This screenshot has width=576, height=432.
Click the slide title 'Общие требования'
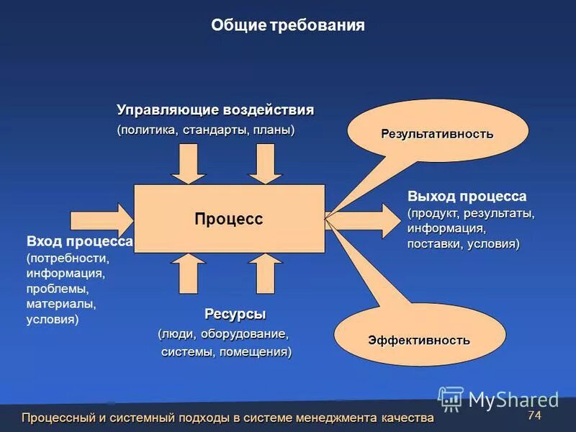(x=288, y=25)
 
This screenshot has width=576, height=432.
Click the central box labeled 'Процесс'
(x=229, y=219)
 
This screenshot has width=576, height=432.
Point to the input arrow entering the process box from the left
(x=102, y=217)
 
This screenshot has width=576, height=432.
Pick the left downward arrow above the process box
(x=189, y=163)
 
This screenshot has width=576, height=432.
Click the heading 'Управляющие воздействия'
(x=215, y=110)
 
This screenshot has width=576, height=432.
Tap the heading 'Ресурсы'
(x=235, y=314)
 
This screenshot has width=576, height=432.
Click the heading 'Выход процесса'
(x=467, y=197)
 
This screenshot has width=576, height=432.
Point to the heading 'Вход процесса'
(x=79, y=241)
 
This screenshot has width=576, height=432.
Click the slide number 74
(x=534, y=415)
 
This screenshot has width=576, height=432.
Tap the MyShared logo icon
(x=451, y=399)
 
